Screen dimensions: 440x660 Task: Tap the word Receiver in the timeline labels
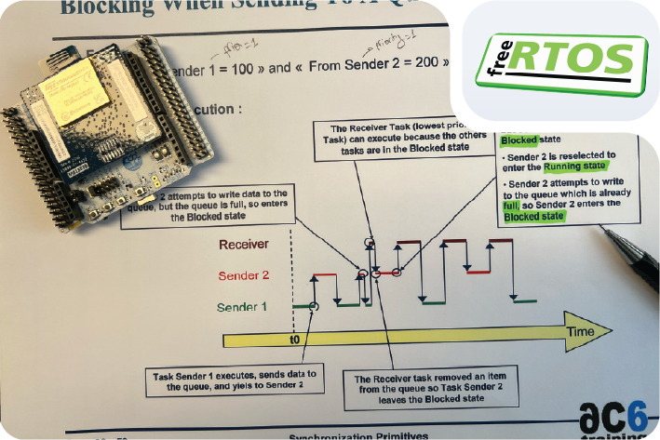245,246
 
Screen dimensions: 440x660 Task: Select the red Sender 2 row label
243,275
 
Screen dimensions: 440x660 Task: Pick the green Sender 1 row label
242,307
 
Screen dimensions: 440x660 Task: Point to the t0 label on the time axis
295,340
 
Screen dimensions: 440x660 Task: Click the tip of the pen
604,232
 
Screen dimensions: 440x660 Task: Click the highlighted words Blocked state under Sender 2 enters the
535,217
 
